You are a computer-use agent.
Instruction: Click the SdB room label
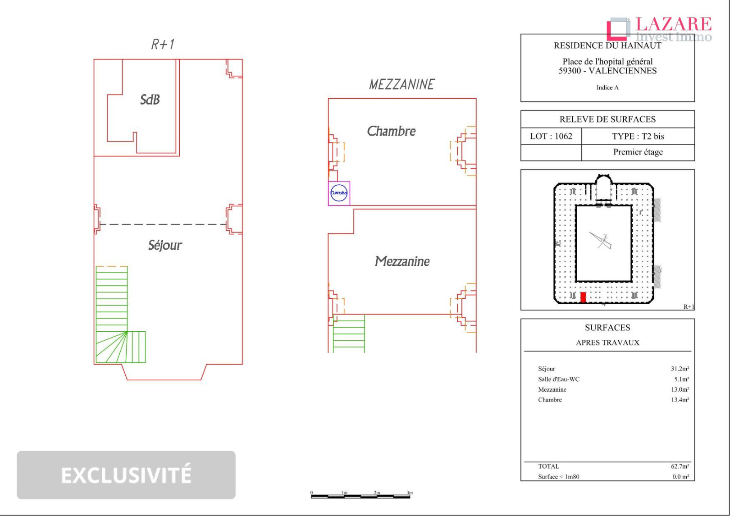[x=150, y=100]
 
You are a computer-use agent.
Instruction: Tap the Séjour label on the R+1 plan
[x=165, y=245]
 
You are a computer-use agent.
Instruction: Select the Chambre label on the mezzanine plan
[x=391, y=131]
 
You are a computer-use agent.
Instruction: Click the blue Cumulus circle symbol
[x=339, y=193]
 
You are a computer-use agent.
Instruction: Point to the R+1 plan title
[x=163, y=45]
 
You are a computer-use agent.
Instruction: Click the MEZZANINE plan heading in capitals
[x=401, y=84]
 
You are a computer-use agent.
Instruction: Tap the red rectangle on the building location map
[x=583, y=297]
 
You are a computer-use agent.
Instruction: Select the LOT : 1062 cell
[x=551, y=136]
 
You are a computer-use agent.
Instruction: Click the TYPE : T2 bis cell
[x=638, y=136]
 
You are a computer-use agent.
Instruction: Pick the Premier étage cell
[x=638, y=152]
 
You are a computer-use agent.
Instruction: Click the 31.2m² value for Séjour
[x=680, y=369]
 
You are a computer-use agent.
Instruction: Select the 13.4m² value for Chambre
[x=680, y=400]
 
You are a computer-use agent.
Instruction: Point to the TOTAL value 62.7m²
[x=680, y=466]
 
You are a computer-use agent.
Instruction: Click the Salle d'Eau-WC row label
[x=559, y=379]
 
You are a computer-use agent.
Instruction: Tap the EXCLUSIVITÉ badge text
[x=126, y=475]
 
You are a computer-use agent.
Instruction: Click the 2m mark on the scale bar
[x=377, y=493]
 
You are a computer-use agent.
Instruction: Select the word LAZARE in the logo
[x=673, y=24]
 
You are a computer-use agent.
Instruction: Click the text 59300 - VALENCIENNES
[x=607, y=71]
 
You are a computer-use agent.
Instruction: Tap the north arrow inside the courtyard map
[x=602, y=240]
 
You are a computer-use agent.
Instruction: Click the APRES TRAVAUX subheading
[x=607, y=342]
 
